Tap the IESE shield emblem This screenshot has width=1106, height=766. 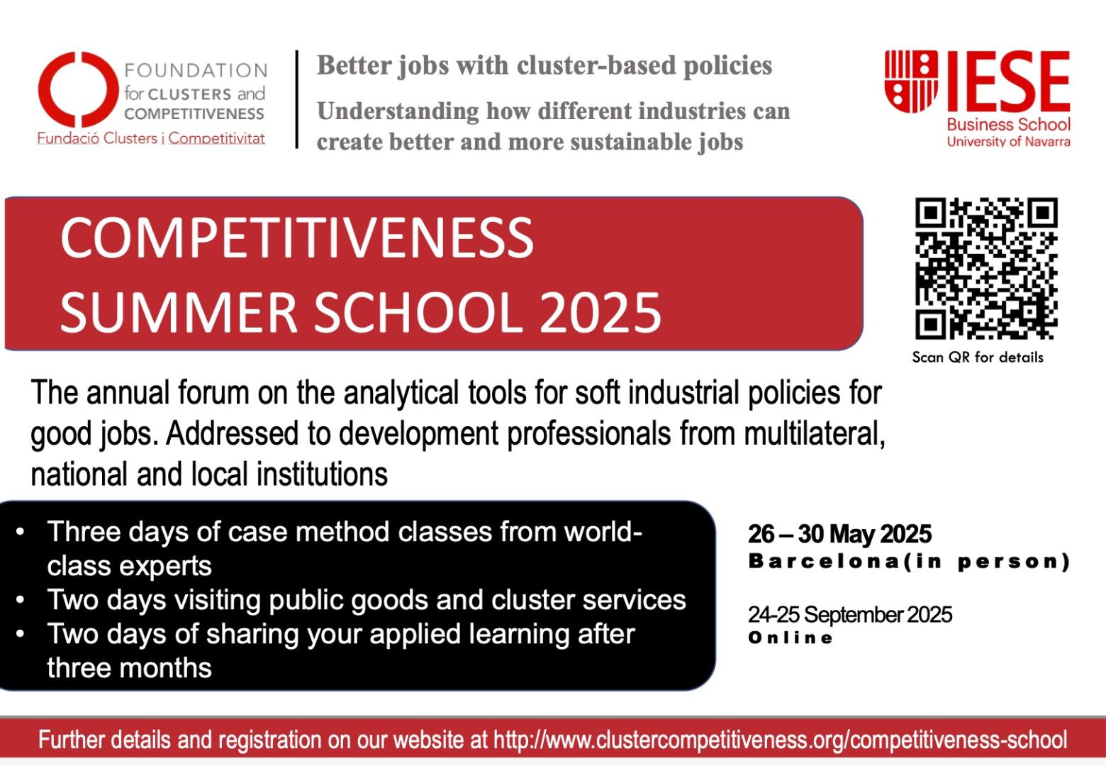tap(911, 81)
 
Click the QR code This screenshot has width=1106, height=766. tap(986, 268)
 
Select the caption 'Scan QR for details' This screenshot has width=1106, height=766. tap(978, 357)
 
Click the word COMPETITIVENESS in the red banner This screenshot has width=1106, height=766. tap(297, 238)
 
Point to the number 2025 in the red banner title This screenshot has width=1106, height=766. tap(600, 312)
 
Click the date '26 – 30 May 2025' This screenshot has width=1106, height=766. tap(839, 534)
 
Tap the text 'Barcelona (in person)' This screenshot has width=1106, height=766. tap(909, 562)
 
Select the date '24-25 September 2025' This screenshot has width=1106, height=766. tap(850, 615)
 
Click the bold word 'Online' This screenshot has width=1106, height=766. tap(791, 638)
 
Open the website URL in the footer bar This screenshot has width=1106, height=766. tap(780, 740)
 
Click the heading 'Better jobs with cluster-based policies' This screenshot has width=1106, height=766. tap(544, 66)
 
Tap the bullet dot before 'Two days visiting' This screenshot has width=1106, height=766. tap(21, 600)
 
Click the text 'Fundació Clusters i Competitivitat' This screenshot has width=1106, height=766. tap(151, 139)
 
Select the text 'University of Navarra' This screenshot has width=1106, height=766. tap(1008, 142)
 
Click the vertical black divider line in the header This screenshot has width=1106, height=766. tap(297, 99)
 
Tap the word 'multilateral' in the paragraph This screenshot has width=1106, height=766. tap(815, 433)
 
